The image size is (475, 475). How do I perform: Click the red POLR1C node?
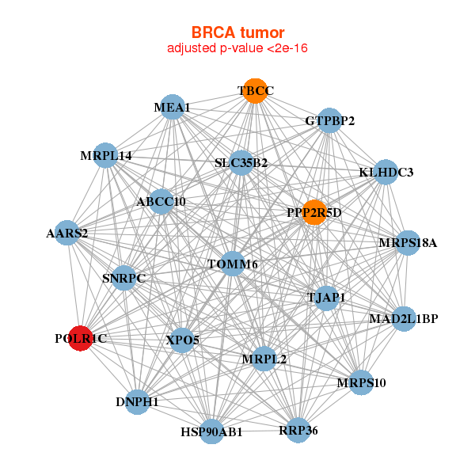[x=80, y=338]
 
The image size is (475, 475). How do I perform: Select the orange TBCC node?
[x=254, y=91]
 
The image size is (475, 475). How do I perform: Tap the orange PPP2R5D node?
[x=314, y=212]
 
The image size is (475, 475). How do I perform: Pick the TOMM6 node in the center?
[x=232, y=264]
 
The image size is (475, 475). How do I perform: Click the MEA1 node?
[x=173, y=107]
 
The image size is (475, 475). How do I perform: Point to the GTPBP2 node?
[x=329, y=121]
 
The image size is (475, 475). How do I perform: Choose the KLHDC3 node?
[x=386, y=172]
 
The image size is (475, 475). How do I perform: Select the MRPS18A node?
[x=407, y=243]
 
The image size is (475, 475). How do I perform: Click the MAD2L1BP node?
[x=403, y=318]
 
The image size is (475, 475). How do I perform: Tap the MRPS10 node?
[x=360, y=382]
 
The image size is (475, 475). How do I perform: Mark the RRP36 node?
[x=298, y=430]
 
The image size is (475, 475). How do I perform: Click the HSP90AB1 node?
[x=211, y=431]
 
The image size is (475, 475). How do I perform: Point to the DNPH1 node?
[x=138, y=401]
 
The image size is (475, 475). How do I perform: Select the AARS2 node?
[x=67, y=233]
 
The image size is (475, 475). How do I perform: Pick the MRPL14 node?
[x=106, y=156]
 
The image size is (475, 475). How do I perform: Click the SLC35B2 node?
[x=241, y=163]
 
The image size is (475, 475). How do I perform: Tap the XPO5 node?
[x=183, y=340]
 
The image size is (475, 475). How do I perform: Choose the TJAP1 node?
[x=325, y=298]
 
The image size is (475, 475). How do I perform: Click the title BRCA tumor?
[x=237, y=32]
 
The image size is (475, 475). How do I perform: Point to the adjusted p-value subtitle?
[x=237, y=48]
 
